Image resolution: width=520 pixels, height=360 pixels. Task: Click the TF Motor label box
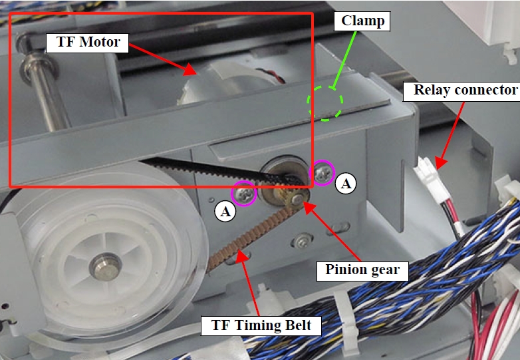83,43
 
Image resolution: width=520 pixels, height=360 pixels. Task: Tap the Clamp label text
363,21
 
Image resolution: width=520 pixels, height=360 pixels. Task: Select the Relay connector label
461,90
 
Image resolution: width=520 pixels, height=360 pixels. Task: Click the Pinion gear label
362,270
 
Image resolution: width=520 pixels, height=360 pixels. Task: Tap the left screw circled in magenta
243,194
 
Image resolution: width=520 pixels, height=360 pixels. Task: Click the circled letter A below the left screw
225,211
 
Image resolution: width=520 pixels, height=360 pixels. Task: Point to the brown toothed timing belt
246,236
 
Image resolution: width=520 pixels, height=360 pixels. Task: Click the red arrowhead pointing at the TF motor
190,70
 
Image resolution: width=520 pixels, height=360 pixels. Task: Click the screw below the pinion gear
304,238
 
